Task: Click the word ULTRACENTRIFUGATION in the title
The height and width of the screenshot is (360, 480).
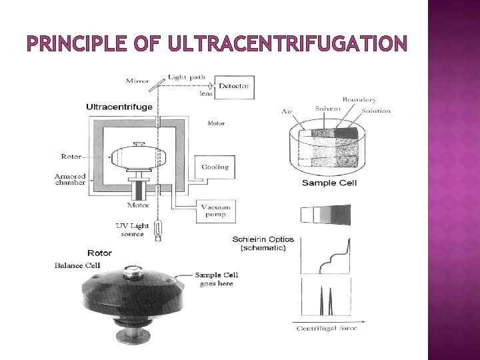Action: click(x=287, y=44)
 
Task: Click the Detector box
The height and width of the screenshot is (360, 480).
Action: click(x=233, y=86)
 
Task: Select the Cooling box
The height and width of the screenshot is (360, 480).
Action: click(x=214, y=167)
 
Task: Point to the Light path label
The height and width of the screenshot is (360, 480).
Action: click(x=187, y=77)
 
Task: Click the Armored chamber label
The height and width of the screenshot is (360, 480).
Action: click(x=69, y=179)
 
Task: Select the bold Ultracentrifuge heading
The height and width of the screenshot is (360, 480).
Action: click(x=119, y=107)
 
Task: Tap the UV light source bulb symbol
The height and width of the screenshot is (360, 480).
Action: click(x=158, y=230)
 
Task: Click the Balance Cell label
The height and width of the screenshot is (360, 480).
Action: click(x=77, y=265)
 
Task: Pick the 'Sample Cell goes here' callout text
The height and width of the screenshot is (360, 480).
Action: click(x=216, y=279)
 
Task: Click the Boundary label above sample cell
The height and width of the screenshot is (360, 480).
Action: click(x=359, y=100)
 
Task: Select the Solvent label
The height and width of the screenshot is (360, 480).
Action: click(x=328, y=109)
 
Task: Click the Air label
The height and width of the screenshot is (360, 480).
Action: click(x=288, y=111)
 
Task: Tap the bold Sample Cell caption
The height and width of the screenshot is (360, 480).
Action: click(x=329, y=183)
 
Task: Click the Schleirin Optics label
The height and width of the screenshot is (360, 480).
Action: click(x=263, y=239)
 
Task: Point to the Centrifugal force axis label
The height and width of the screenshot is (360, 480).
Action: click(x=326, y=327)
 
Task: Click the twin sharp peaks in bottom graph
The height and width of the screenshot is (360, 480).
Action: click(x=328, y=304)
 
